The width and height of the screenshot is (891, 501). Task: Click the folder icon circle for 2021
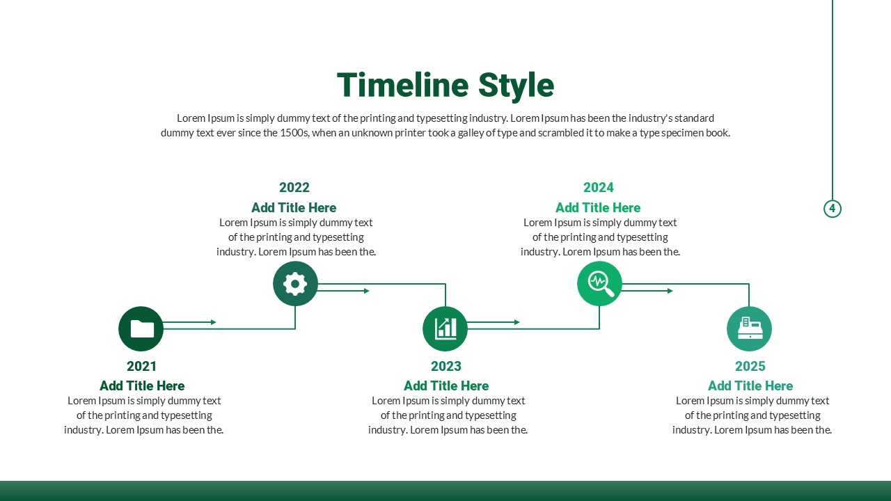pos(141,329)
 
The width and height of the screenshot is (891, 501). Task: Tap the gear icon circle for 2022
pos(295,283)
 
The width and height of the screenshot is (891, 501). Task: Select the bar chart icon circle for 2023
pos(445,329)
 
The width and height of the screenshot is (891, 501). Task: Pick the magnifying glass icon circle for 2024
pos(599,283)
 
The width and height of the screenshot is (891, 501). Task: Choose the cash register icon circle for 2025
pos(750,329)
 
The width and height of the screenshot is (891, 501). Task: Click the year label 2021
pos(141,366)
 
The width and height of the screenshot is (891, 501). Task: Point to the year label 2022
pos(294,187)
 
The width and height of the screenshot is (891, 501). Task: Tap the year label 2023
pos(446,366)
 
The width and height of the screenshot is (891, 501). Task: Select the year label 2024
pos(599,187)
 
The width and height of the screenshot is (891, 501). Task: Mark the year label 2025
pos(750,366)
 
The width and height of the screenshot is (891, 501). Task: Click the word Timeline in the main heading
pos(403,85)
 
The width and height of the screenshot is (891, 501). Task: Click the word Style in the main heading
pos(516,87)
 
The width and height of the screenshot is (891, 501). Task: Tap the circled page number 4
pos(832,208)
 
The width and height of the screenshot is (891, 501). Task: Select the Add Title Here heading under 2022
pos(294,207)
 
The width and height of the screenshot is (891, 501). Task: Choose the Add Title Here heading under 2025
pos(750,385)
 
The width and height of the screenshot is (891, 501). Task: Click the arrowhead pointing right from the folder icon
pos(213,322)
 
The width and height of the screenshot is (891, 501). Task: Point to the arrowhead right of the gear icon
pos(367,291)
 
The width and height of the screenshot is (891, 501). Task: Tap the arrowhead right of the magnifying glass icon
pos(670,291)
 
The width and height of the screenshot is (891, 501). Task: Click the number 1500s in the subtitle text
pos(294,133)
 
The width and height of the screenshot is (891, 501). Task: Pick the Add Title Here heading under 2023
pos(446,385)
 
